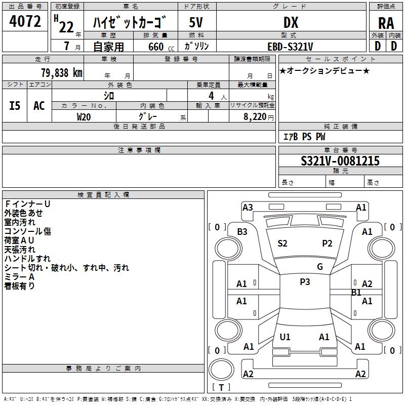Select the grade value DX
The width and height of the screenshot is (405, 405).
291,22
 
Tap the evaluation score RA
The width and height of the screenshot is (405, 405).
386,23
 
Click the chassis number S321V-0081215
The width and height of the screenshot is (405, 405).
340,161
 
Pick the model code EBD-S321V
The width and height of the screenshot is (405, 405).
291,46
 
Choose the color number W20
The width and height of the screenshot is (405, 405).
84,116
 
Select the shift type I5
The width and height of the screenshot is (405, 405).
15,105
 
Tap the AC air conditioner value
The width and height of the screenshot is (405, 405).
39,105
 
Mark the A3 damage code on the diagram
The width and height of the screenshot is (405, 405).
248,207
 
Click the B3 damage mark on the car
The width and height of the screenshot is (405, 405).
242,231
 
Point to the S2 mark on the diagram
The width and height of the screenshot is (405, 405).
282,243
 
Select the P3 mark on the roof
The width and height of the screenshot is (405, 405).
305,282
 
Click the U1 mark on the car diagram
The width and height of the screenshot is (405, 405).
285,337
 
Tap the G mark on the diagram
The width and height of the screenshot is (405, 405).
320,266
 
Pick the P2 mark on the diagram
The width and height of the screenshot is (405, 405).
327,243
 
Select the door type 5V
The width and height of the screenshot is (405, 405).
196,22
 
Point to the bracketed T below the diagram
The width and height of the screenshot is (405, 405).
221,387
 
